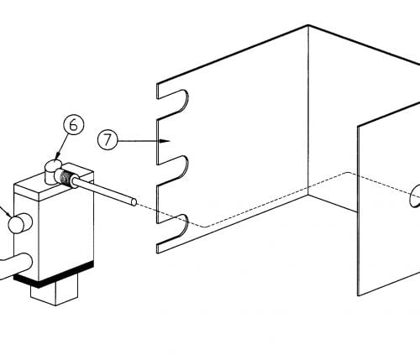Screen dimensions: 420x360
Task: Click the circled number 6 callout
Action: [73, 125]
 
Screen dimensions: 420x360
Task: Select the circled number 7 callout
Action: [108, 140]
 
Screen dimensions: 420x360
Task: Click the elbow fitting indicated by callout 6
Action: [54, 171]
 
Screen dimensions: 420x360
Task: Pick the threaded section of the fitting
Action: [66, 179]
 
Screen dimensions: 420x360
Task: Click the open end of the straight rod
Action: [134, 202]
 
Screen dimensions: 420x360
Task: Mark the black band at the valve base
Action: [53, 274]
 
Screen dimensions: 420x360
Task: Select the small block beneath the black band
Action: [54, 293]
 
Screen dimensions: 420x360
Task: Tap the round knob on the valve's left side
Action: [19, 223]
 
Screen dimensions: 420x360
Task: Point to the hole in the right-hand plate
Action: [415, 196]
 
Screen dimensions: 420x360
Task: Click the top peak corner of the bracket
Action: [308, 26]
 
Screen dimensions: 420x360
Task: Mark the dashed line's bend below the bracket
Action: [204, 227]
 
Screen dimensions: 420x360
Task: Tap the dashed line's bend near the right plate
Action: [349, 173]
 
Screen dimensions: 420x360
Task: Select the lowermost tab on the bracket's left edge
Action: [168, 246]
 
